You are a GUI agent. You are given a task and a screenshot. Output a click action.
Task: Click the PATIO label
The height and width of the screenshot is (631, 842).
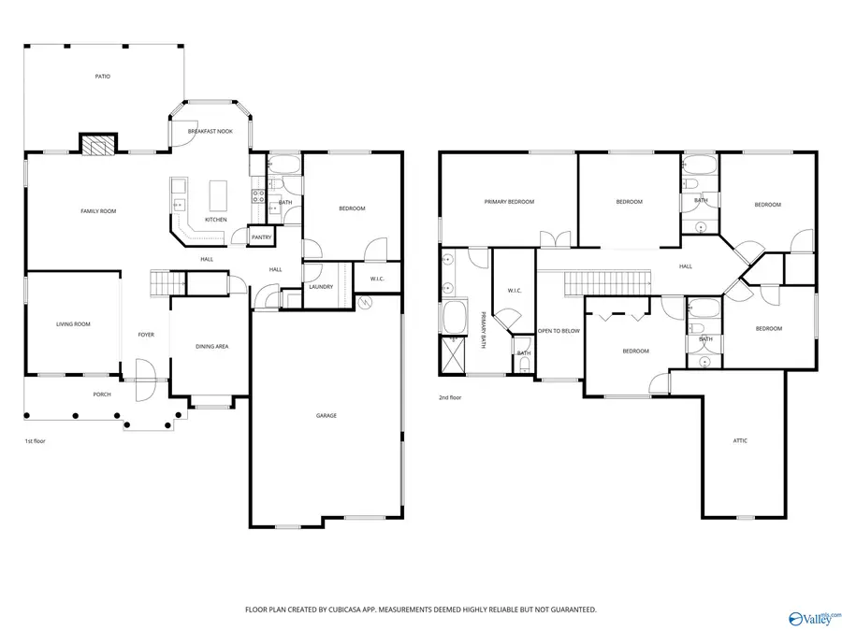[x=103, y=77]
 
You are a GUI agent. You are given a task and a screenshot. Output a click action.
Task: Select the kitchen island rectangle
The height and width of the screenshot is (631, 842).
[x=218, y=196]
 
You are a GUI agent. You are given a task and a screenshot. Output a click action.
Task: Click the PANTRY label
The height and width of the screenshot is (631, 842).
[x=262, y=237]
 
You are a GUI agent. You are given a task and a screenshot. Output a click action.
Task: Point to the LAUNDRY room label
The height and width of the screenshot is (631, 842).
[x=321, y=287]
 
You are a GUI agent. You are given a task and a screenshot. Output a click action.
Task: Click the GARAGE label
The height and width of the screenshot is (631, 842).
[x=327, y=416]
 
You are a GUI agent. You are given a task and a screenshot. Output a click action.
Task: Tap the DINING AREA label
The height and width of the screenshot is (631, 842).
[x=212, y=347]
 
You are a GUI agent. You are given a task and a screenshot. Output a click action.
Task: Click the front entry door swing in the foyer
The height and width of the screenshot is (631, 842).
[x=145, y=380]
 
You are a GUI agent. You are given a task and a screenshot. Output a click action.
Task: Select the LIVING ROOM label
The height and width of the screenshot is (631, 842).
[x=73, y=324]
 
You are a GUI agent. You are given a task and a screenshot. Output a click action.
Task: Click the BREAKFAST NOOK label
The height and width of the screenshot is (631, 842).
[x=210, y=132]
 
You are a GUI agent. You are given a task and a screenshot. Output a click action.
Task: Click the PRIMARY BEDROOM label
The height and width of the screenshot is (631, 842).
[x=509, y=202]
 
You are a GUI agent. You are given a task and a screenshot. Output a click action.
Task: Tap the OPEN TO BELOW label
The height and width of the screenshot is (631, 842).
[x=559, y=331]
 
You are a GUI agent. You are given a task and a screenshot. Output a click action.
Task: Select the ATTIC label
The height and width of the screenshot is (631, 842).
[x=740, y=441]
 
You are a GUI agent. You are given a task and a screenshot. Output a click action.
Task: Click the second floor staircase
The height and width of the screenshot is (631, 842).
[x=607, y=282]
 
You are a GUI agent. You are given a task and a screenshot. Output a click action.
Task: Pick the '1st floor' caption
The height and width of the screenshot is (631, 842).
[x=35, y=441]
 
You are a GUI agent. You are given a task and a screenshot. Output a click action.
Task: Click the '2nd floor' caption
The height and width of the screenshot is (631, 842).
[x=450, y=397]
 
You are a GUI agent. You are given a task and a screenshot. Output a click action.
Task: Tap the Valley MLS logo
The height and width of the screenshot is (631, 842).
[x=813, y=619]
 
